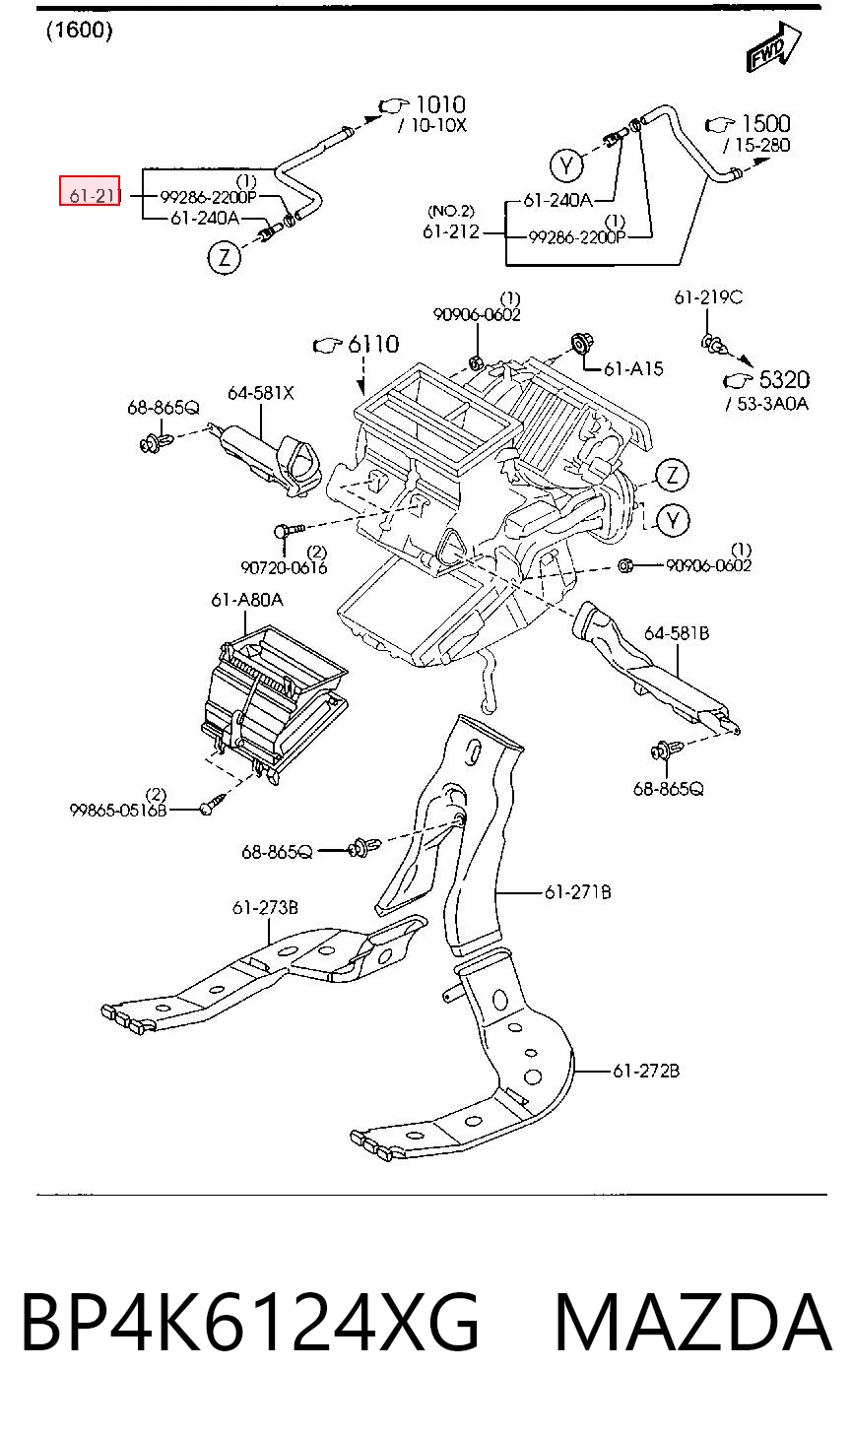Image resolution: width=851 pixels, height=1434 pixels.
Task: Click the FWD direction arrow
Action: pyautogui.click(x=773, y=47)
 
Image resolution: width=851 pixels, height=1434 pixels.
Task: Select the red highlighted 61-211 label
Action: pyautogui.click(x=90, y=191)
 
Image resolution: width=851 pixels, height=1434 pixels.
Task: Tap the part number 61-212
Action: pyautogui.click(x=451, y=231)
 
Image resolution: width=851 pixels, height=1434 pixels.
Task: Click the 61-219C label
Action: pyautogui.click(x=708, y=297)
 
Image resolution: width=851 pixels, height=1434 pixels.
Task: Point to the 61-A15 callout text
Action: pyautogui.click(x=633, y=368)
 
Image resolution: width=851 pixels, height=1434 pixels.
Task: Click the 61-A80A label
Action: pyautogui.click(x=247, y=600)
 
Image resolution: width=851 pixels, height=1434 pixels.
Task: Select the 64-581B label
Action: pyautogui.click(x=677, y=633)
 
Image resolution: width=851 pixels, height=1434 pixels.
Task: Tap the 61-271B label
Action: pyautogui.click(x=577, y=891)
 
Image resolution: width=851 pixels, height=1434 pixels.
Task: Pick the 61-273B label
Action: pyautogui.click(x=265, y=907)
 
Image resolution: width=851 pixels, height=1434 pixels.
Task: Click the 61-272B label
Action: pyautogui.click(x=646, y=1071)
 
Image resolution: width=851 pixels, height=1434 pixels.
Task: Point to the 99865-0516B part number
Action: pyautogui.click(x=118, y=811)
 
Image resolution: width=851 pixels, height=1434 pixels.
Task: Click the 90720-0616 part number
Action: pyautogui.click(x=284, y=567)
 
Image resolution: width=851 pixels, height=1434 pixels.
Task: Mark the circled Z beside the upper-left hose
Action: pyautogui.click(x=225, y=257)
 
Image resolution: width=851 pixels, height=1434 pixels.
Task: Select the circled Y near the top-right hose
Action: pyautogui.click(x=566, y=165)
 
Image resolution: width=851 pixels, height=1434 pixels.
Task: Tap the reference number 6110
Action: pyautogui.click(x=373, y=345)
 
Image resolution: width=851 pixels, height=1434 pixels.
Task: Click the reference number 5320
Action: pyautogui.click(x=784, y=379)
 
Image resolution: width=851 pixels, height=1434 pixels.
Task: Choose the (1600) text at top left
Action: pyautogui.click(x=80, y=31)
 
